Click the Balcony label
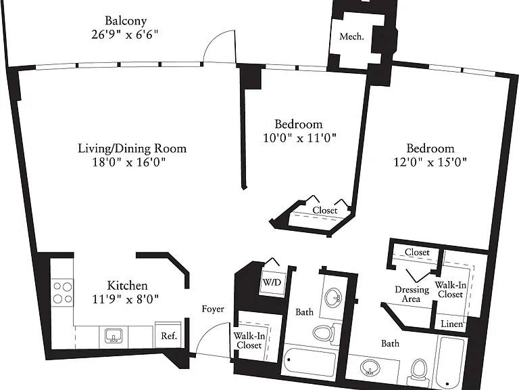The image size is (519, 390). (126, 21)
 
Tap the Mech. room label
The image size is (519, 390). (351, 36)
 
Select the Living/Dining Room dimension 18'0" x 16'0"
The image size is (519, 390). (129, 162)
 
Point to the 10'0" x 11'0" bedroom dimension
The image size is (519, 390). (299, 137)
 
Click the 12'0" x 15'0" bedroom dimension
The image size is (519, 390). (430, 162)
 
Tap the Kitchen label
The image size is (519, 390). (128, 286)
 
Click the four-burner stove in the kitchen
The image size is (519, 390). (62, 292)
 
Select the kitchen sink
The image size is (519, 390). (114, 336)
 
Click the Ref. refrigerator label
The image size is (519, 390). (169, 336)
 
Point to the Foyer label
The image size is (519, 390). (213, 309)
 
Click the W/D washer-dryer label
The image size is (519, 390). (272, 282)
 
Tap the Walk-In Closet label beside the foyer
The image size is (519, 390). (249, 341)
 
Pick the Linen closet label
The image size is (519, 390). (452, 324)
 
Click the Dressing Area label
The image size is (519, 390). (412, 294)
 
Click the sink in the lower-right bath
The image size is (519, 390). (369, 368)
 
